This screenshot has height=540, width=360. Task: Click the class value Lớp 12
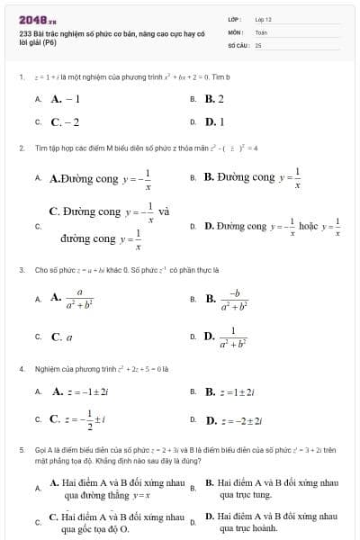(263, 18)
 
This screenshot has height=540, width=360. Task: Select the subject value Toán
(261, 31)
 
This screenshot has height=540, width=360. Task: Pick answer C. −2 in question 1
(65, 121)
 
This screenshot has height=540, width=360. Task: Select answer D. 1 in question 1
(214, 121)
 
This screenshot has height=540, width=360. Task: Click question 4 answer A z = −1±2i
(81, 391)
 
